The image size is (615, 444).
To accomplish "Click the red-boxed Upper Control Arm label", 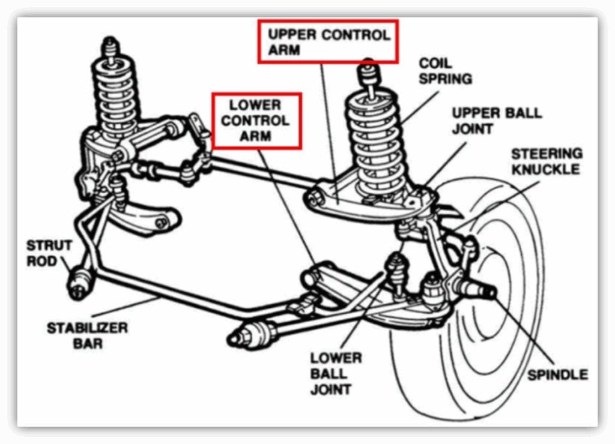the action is (x=329, y=41).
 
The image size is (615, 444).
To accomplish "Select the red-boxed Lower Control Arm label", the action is (x=256, y=121).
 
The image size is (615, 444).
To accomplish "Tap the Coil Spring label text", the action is (x=445, y=71).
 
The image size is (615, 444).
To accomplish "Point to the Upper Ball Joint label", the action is (x=497, y=121).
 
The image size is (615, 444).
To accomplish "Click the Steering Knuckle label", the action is (x=547, y=161).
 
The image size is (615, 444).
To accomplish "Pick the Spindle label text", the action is (x=557, y=374).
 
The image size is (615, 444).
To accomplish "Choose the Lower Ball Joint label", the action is (x=336, y=373).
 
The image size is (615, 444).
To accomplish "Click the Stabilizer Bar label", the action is (x=87, y=335).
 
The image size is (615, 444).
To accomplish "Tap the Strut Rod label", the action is (x=49, y=253).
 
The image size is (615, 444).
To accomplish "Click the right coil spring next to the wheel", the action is (x=375, y=143).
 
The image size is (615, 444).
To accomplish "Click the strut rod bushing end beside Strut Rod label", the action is (x=79, y=283).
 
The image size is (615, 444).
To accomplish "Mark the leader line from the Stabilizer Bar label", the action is (x=125, y=307).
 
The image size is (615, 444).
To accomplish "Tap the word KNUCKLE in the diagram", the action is (x=545, y=169).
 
